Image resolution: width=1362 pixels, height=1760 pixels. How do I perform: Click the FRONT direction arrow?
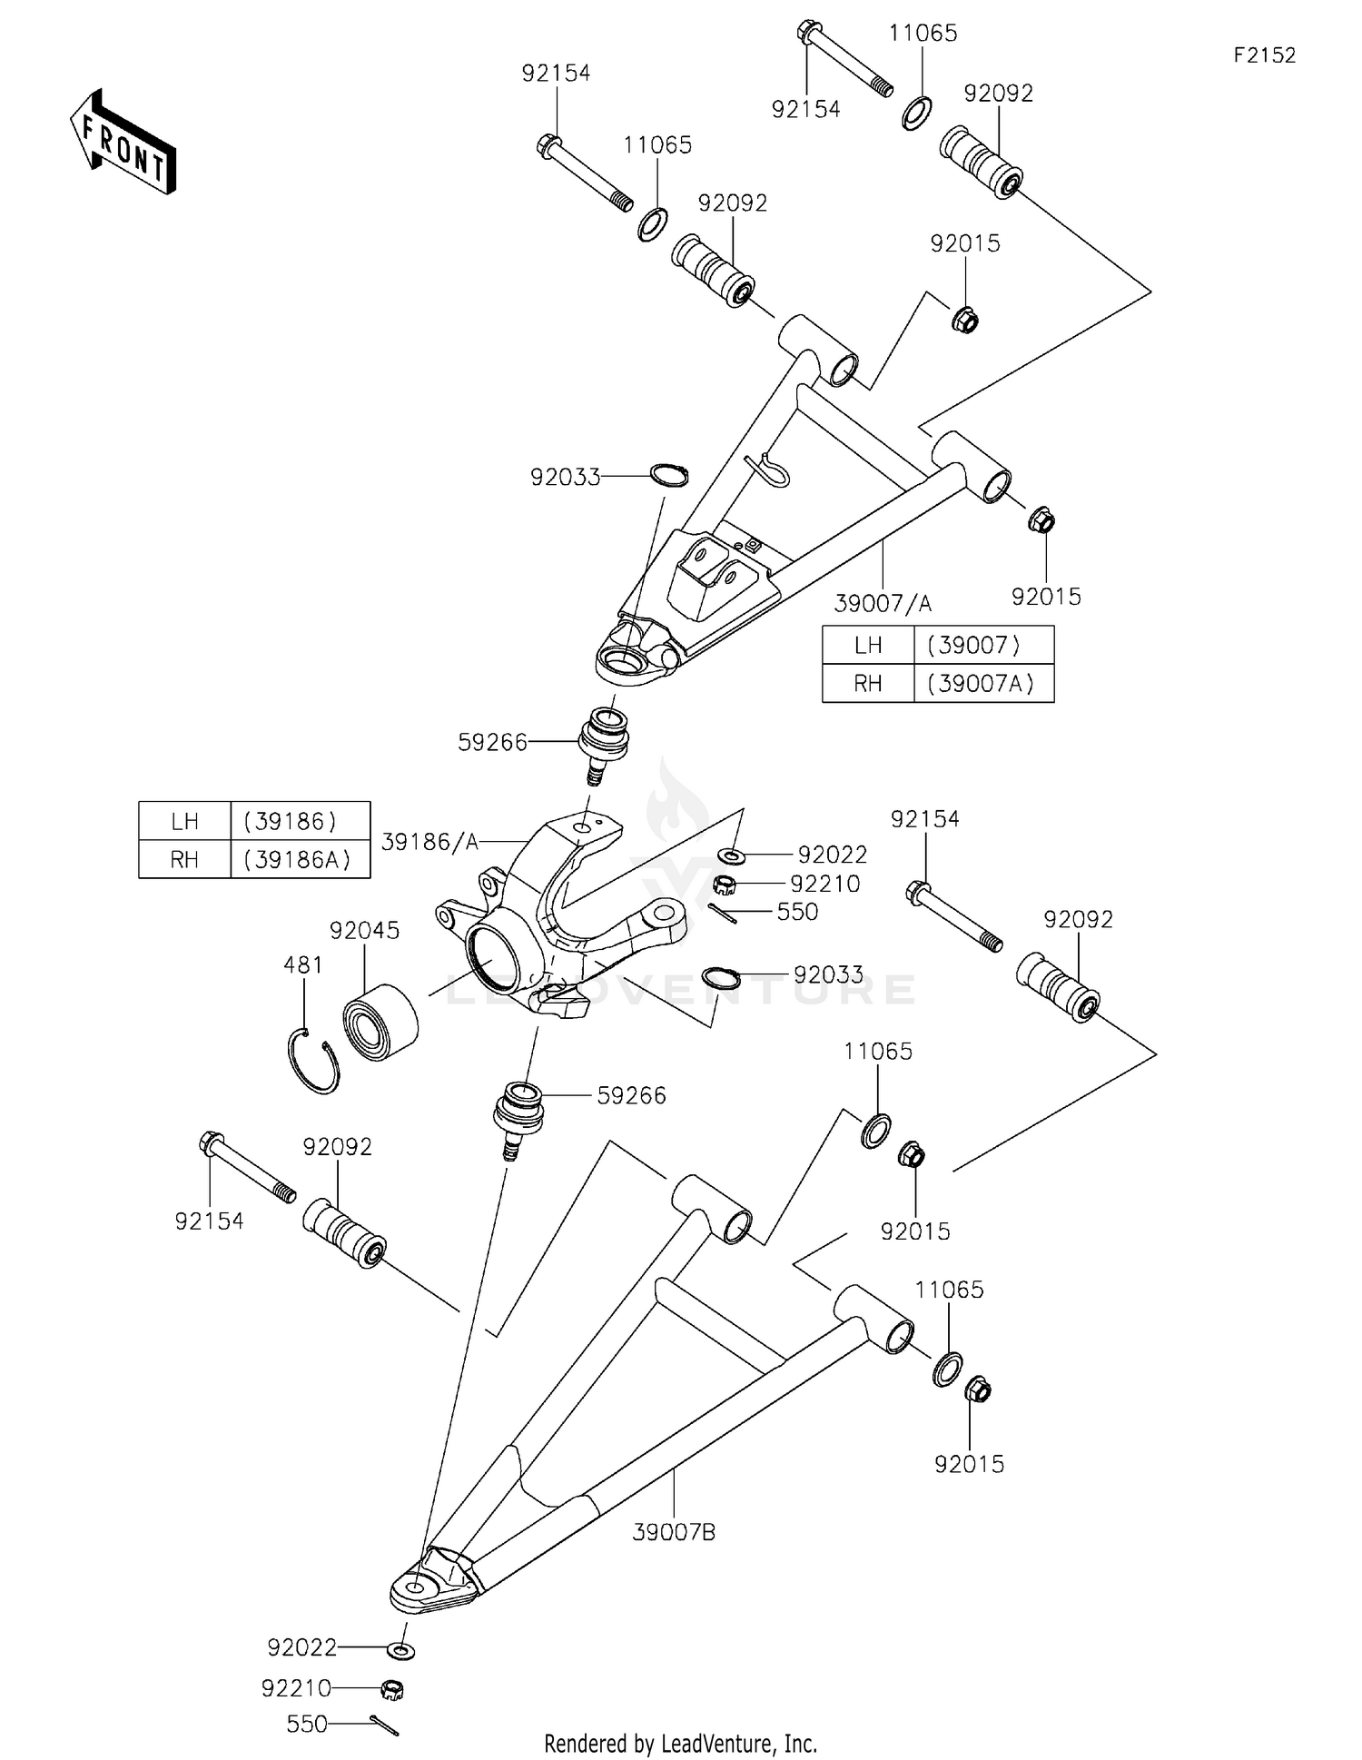click(x=123, y=143)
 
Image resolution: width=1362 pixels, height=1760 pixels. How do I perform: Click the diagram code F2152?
click(x=1264, y=55)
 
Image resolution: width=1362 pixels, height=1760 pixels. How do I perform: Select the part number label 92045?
click(x=364, y=930)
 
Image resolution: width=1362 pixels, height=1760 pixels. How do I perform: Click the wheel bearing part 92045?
click(x=380, y=1022)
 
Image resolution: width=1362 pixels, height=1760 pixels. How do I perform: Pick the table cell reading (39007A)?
click(x=982, y=683)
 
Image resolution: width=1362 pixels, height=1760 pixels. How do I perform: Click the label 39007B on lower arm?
click(x=674, y=1532)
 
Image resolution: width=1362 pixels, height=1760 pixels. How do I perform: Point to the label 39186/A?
click(x=429, y=842)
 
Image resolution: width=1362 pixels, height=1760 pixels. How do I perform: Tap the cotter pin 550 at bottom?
click(x=385, y=1725)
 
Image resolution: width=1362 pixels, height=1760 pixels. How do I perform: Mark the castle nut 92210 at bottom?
click(x=391, y=1689)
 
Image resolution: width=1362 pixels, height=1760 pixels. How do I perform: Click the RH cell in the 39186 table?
click(x=184, y=859)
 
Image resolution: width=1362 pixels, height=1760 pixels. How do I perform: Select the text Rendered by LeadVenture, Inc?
click(x=680, y=1743)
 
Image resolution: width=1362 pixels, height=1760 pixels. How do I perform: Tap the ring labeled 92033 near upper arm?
click(x=670, y=475)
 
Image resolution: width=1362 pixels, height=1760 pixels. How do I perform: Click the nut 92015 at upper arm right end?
click(x=1041, y=520)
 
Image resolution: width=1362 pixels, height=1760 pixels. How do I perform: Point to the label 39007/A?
click(x=882, y=603)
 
